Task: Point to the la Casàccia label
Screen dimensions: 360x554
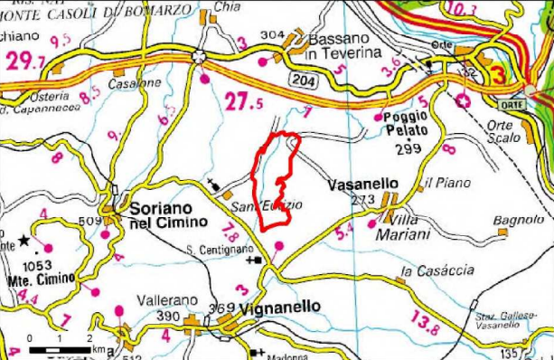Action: (x=438, y=270)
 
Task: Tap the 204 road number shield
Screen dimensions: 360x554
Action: (x=300, y=81)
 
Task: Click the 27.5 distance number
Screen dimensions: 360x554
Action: (x=244, y=103)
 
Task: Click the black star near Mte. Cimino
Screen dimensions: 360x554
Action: (x=23, y=241)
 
